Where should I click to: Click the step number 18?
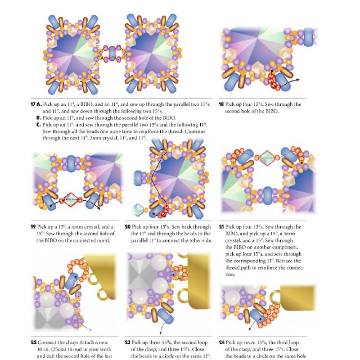(x=221, y=104)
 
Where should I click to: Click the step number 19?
(x=33, y=227)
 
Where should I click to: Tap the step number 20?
(x=128, y=227)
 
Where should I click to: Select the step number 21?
(x=221, y=227)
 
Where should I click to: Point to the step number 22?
(x=33, y=342)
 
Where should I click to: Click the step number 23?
(x=128, y=342)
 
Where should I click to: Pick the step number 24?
(x=221, y=342)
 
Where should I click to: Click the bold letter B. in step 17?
(x=39, y=118)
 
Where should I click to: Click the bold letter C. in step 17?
(x=39, y=125)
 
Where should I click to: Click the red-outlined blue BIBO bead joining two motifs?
(x=112, y=53)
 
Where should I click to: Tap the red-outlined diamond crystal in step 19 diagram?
(x=71, y=200)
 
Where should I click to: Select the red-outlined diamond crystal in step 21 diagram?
(x=267, y=158)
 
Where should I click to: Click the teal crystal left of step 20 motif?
(x=139, y=210)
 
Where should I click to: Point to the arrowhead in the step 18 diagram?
(x=297, y=80)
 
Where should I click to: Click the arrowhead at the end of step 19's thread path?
(x=99, y=208)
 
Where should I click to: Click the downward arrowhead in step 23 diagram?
(x=161, y=333)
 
